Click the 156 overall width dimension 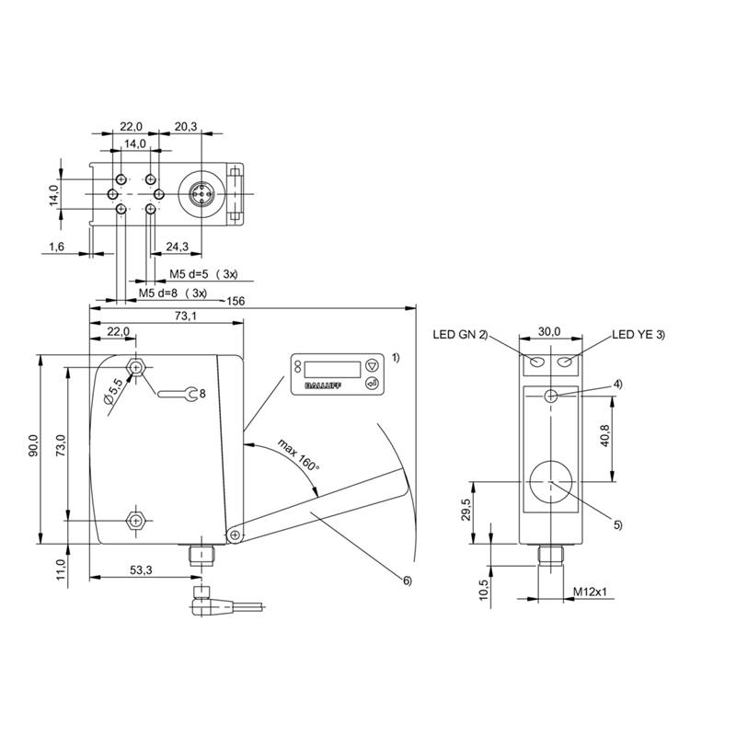(x=236, y=301)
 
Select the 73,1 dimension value (x=185, y=316)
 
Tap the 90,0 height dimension (x=33, y=445)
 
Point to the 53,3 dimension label (x=141, y=571)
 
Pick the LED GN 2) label (x=460, y=335)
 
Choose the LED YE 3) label (x=638, y=335)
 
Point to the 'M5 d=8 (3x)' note (x=172, y=293)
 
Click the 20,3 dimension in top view (x=185, y=127)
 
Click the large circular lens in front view (x=550, y=481)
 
